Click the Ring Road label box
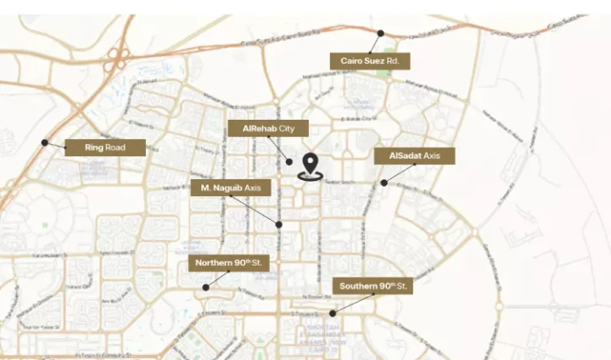point(105,148)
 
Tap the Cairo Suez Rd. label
point(370,61)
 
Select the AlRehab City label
point(267,128)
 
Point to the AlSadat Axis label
point(414,156)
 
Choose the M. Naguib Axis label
point(231,187)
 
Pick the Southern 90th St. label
point(372,286)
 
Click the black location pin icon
point(311,165)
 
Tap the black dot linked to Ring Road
point(45,143)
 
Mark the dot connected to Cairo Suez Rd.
point(380,33)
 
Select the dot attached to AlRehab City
point(289,161)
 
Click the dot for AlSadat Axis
point(384,183)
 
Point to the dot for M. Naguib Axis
point(279,224)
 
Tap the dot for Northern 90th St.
point(205,287)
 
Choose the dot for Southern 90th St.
point(333,313)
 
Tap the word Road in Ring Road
point(116,148)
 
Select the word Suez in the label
point(375,61)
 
